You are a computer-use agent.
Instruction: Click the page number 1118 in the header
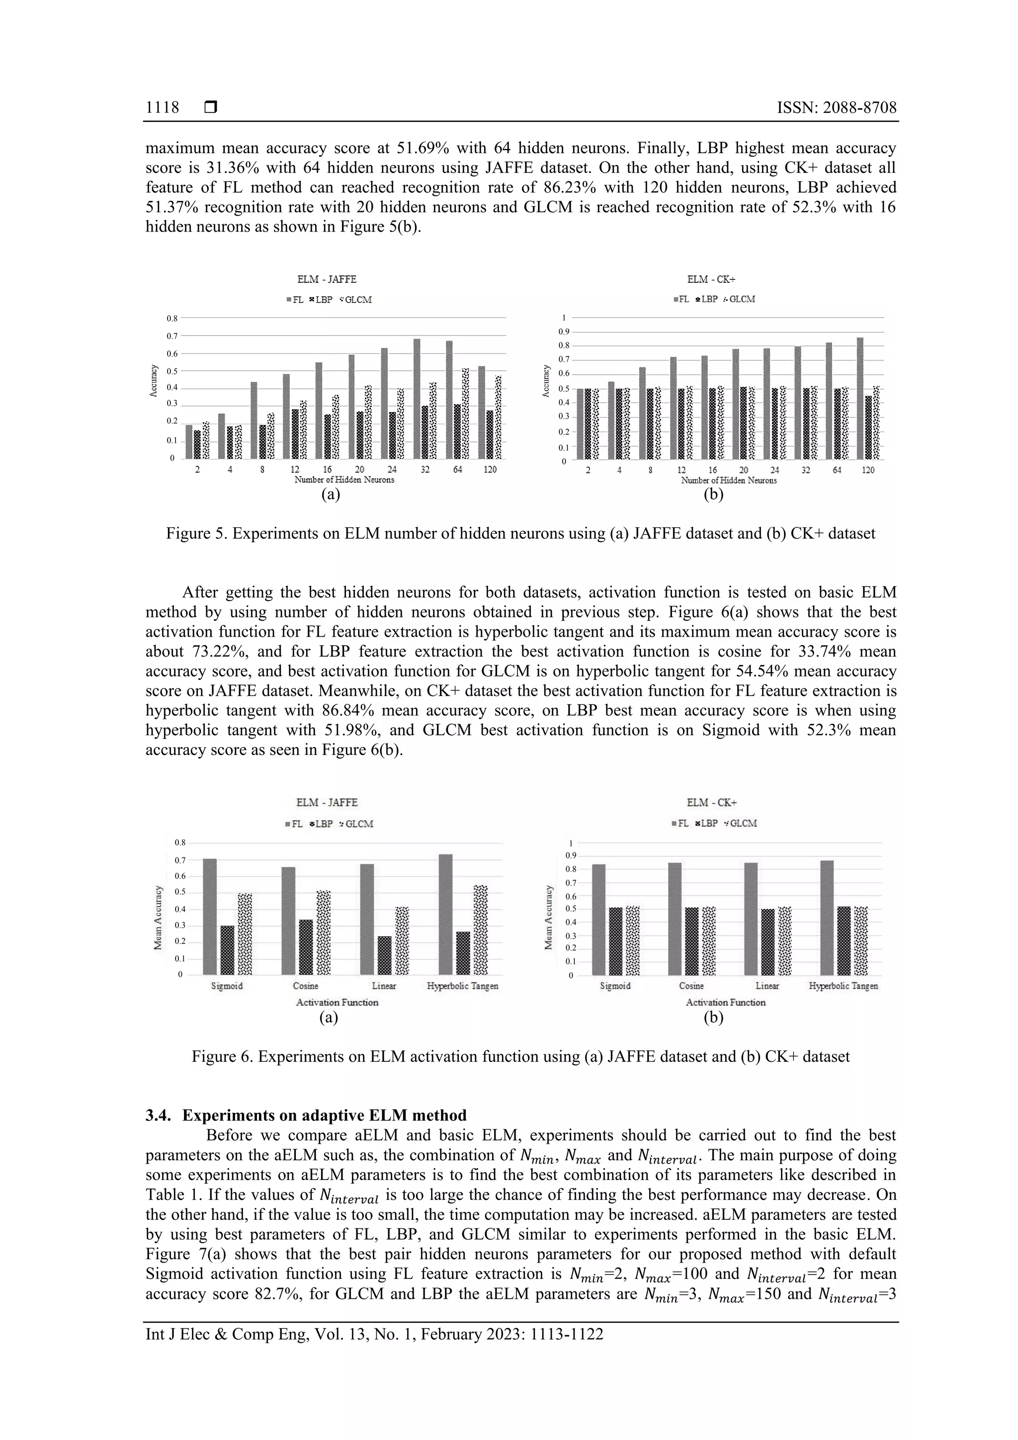162,108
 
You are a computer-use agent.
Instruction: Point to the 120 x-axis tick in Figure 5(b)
867,470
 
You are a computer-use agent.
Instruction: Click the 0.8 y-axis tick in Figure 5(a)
170,319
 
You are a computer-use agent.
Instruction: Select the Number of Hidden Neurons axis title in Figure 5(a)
344,480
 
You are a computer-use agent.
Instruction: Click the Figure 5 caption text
520,534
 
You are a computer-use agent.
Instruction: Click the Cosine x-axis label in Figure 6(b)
691,986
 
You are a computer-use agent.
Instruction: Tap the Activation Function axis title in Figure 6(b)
725,1002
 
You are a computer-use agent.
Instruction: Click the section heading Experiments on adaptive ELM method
324,1115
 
